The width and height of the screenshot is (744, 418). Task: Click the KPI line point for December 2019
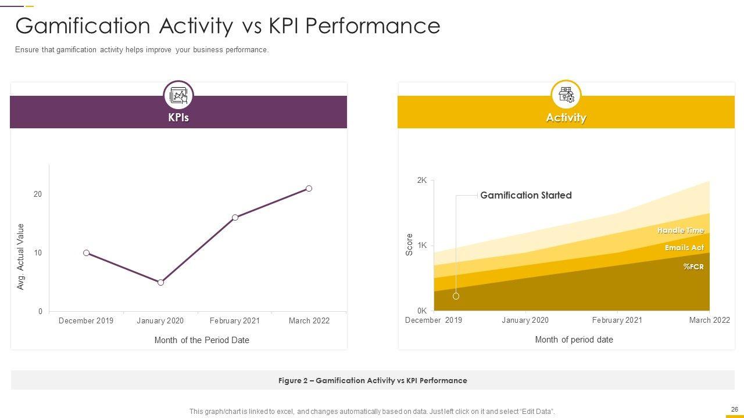point(87,253)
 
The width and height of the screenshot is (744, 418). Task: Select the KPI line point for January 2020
point(161,283)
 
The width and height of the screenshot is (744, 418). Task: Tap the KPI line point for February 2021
point(235,218)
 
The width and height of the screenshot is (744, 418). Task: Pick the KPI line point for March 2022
point(309,189)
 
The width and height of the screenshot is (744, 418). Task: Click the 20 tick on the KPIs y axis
point(38,194)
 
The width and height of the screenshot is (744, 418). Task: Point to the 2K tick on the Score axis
point(422,181)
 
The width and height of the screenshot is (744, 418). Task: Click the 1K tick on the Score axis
point(422,246)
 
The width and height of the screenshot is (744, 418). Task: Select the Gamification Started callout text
point(525,196)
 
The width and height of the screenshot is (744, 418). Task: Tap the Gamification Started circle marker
point(456,296)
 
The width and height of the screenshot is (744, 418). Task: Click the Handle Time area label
point(680,230)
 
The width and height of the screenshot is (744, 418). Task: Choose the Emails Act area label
point(684,248)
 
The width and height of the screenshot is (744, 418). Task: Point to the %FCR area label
point(693,267)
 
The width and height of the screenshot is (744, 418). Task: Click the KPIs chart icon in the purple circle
point(178,95)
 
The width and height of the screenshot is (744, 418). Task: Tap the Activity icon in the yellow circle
point(566,95)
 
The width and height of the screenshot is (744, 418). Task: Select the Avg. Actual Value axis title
point(21,257)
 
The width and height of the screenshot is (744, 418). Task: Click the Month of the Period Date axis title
point(202,340)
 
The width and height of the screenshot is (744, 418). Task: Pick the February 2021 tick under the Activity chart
point(617,320)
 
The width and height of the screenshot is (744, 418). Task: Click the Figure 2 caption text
point(373,381)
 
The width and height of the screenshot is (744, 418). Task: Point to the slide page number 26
point(734,409)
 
